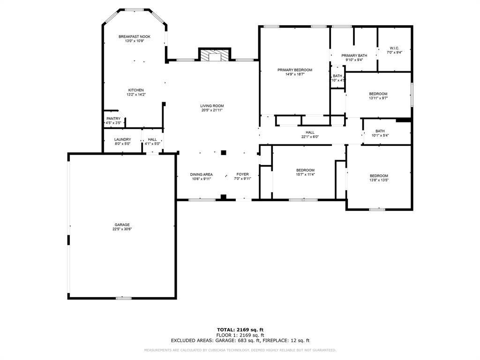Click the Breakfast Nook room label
[135, 37]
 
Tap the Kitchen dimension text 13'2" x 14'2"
[136, 95]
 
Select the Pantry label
[113, 119]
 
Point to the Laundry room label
[123, 139]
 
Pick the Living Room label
[212, 106]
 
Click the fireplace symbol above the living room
[215, 55]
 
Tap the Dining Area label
[202, 174]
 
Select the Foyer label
[242, 174]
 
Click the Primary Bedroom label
[294, 70]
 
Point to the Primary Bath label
[354, 55]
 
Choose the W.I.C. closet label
[394, 48]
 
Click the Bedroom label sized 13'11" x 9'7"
[378, 94]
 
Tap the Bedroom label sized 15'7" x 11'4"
[305, 170]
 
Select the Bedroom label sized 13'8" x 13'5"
[379, 176]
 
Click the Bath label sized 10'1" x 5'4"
[380, 131]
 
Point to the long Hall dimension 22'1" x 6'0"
[310, 137]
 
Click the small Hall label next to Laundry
[152, 139]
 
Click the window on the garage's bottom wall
[123, 298]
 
